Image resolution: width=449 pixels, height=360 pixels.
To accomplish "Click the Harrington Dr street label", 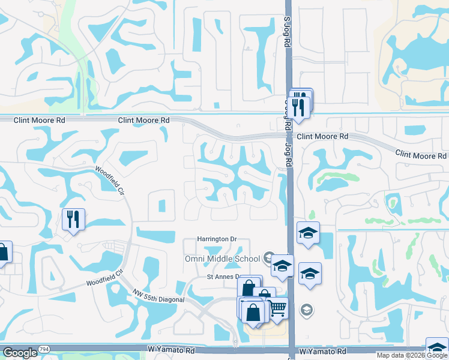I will tap(217, 239).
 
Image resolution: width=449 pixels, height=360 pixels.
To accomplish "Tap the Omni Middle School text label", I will tap(222, 259).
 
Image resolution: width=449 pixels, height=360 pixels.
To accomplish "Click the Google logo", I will tap(20, 353).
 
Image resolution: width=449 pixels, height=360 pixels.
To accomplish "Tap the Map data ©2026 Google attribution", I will tap(412, 355).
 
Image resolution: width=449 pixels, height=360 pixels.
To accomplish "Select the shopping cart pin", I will tap(277, 308).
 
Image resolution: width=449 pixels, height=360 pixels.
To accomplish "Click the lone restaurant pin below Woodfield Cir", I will tap(73, 219).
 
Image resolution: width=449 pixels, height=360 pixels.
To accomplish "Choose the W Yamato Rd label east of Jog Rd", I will tap(322, 351).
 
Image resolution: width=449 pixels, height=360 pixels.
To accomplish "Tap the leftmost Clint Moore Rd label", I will tap(40, 120).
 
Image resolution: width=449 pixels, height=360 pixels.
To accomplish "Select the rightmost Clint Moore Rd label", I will tap(420, 155).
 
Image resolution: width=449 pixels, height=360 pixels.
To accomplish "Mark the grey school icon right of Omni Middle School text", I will tap(268, 258).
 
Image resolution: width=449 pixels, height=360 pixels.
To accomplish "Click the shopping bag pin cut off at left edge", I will tap(3, 253).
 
